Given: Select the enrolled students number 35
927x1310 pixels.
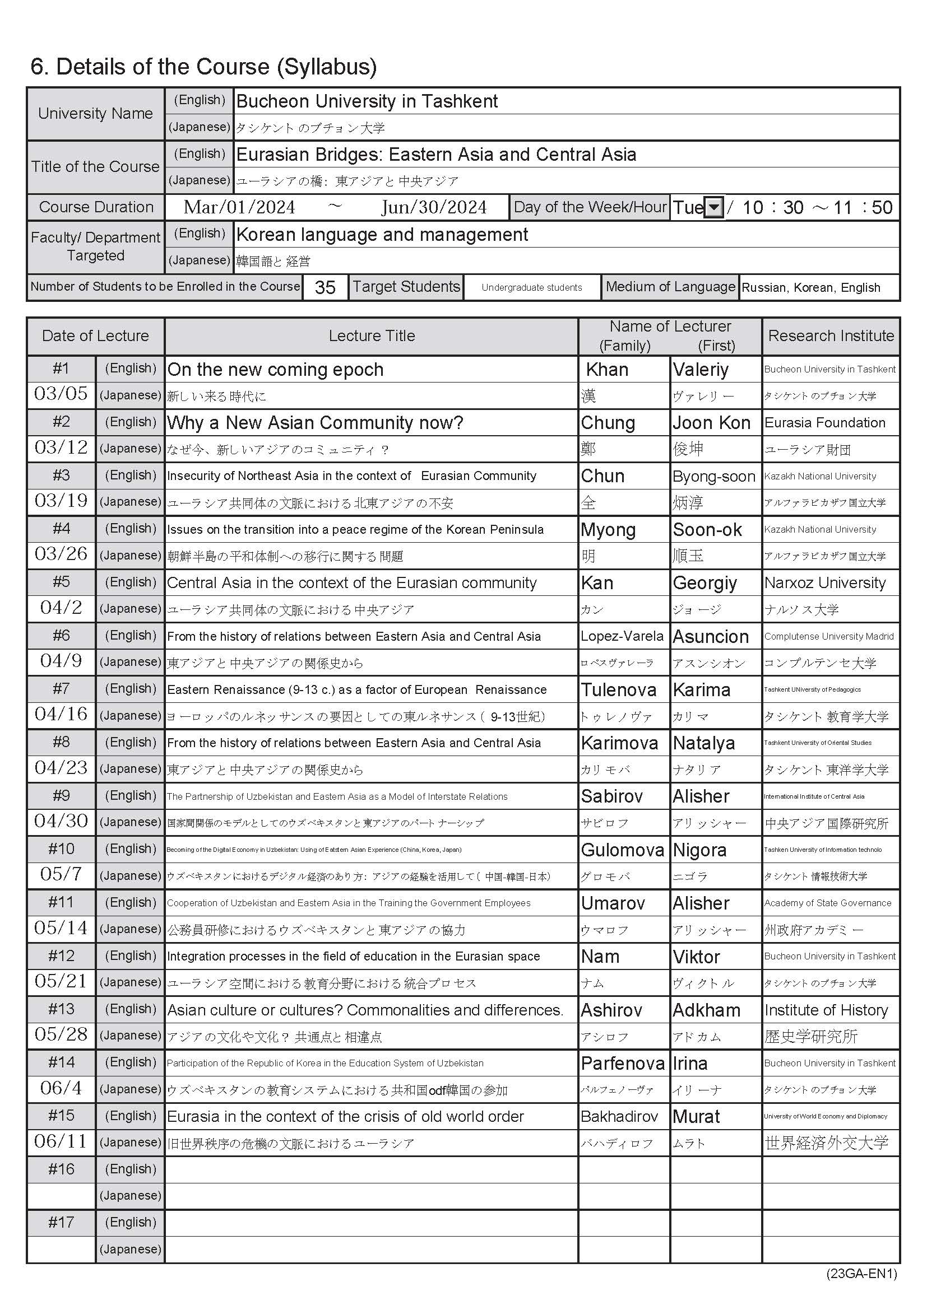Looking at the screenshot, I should click(x=325, y=287).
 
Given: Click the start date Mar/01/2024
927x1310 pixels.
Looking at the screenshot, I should click(x=239, y=207).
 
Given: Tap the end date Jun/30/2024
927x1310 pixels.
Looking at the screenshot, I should click(x=434, y=207).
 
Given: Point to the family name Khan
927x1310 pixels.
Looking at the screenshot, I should click(x=607, y=370).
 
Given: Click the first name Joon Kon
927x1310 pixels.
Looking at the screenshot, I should click(x=711, y=423).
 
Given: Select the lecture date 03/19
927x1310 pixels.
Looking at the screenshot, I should click(x=61, y=501).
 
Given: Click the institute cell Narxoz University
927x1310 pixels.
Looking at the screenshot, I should click(x=825, y=582).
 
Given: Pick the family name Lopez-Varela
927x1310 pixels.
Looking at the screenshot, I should click(x=622, y=636).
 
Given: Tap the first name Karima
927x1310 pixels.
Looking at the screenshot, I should click(x=702, y=689).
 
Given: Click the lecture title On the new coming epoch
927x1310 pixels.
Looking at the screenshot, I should click(x=275, y=370).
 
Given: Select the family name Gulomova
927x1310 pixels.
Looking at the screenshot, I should click(x=622, y=850).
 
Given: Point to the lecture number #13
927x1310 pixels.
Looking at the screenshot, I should click(x=61, y=1009).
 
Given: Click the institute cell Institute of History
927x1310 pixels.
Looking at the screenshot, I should click(x=826, y=1010).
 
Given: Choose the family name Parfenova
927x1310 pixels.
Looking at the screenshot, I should click(x=623, y=1063).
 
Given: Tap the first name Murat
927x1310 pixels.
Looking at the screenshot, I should click(x=697, y=1116).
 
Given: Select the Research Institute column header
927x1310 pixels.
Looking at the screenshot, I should click(x=831, y=335).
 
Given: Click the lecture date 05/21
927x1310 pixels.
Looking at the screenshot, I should click(x=61, y=981).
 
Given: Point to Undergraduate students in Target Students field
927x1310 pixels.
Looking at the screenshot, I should click(x=531, y=287).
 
